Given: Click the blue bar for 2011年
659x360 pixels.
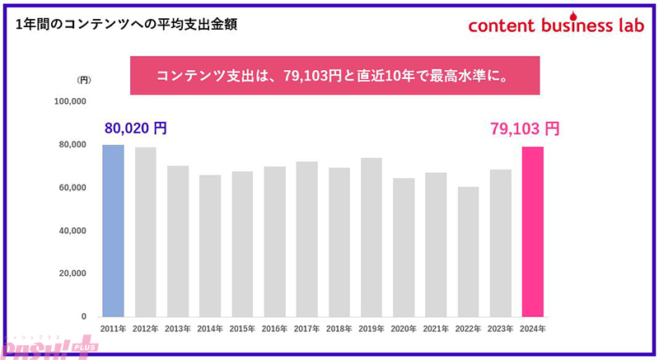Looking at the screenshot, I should click(x=113, y=231).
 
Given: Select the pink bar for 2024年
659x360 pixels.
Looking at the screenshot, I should click(x=533, y=231).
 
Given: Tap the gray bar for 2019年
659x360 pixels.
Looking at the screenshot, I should click(x=371, y=237).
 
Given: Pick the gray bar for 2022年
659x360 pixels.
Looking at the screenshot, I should click(x=468, y=251).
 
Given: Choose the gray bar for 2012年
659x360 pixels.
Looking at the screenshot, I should click(x=146, y=231).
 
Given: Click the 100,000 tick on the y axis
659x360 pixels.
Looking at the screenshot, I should click(x=69, y=102).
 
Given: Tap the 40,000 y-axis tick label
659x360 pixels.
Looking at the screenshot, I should click(x=72, y=231).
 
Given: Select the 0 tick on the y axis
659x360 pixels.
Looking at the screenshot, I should click(x=83, y=316).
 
